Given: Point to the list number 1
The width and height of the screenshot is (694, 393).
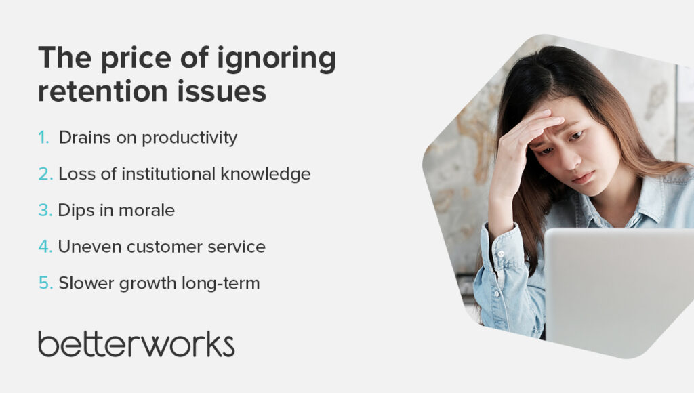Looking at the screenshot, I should click(x=44, y=138).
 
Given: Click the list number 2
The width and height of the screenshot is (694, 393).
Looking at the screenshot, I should click(x=45, y=174).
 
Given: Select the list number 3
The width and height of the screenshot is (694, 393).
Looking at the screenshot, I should click(x=45, y=211).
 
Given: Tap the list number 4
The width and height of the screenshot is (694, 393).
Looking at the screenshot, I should click(x=45, y=247).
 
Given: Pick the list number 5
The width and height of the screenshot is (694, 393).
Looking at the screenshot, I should click(x=45, y=283).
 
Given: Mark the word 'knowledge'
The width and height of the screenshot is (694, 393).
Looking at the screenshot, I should click(x=267, y=174).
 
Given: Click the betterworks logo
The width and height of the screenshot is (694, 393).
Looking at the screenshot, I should click(x=136, y=344).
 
